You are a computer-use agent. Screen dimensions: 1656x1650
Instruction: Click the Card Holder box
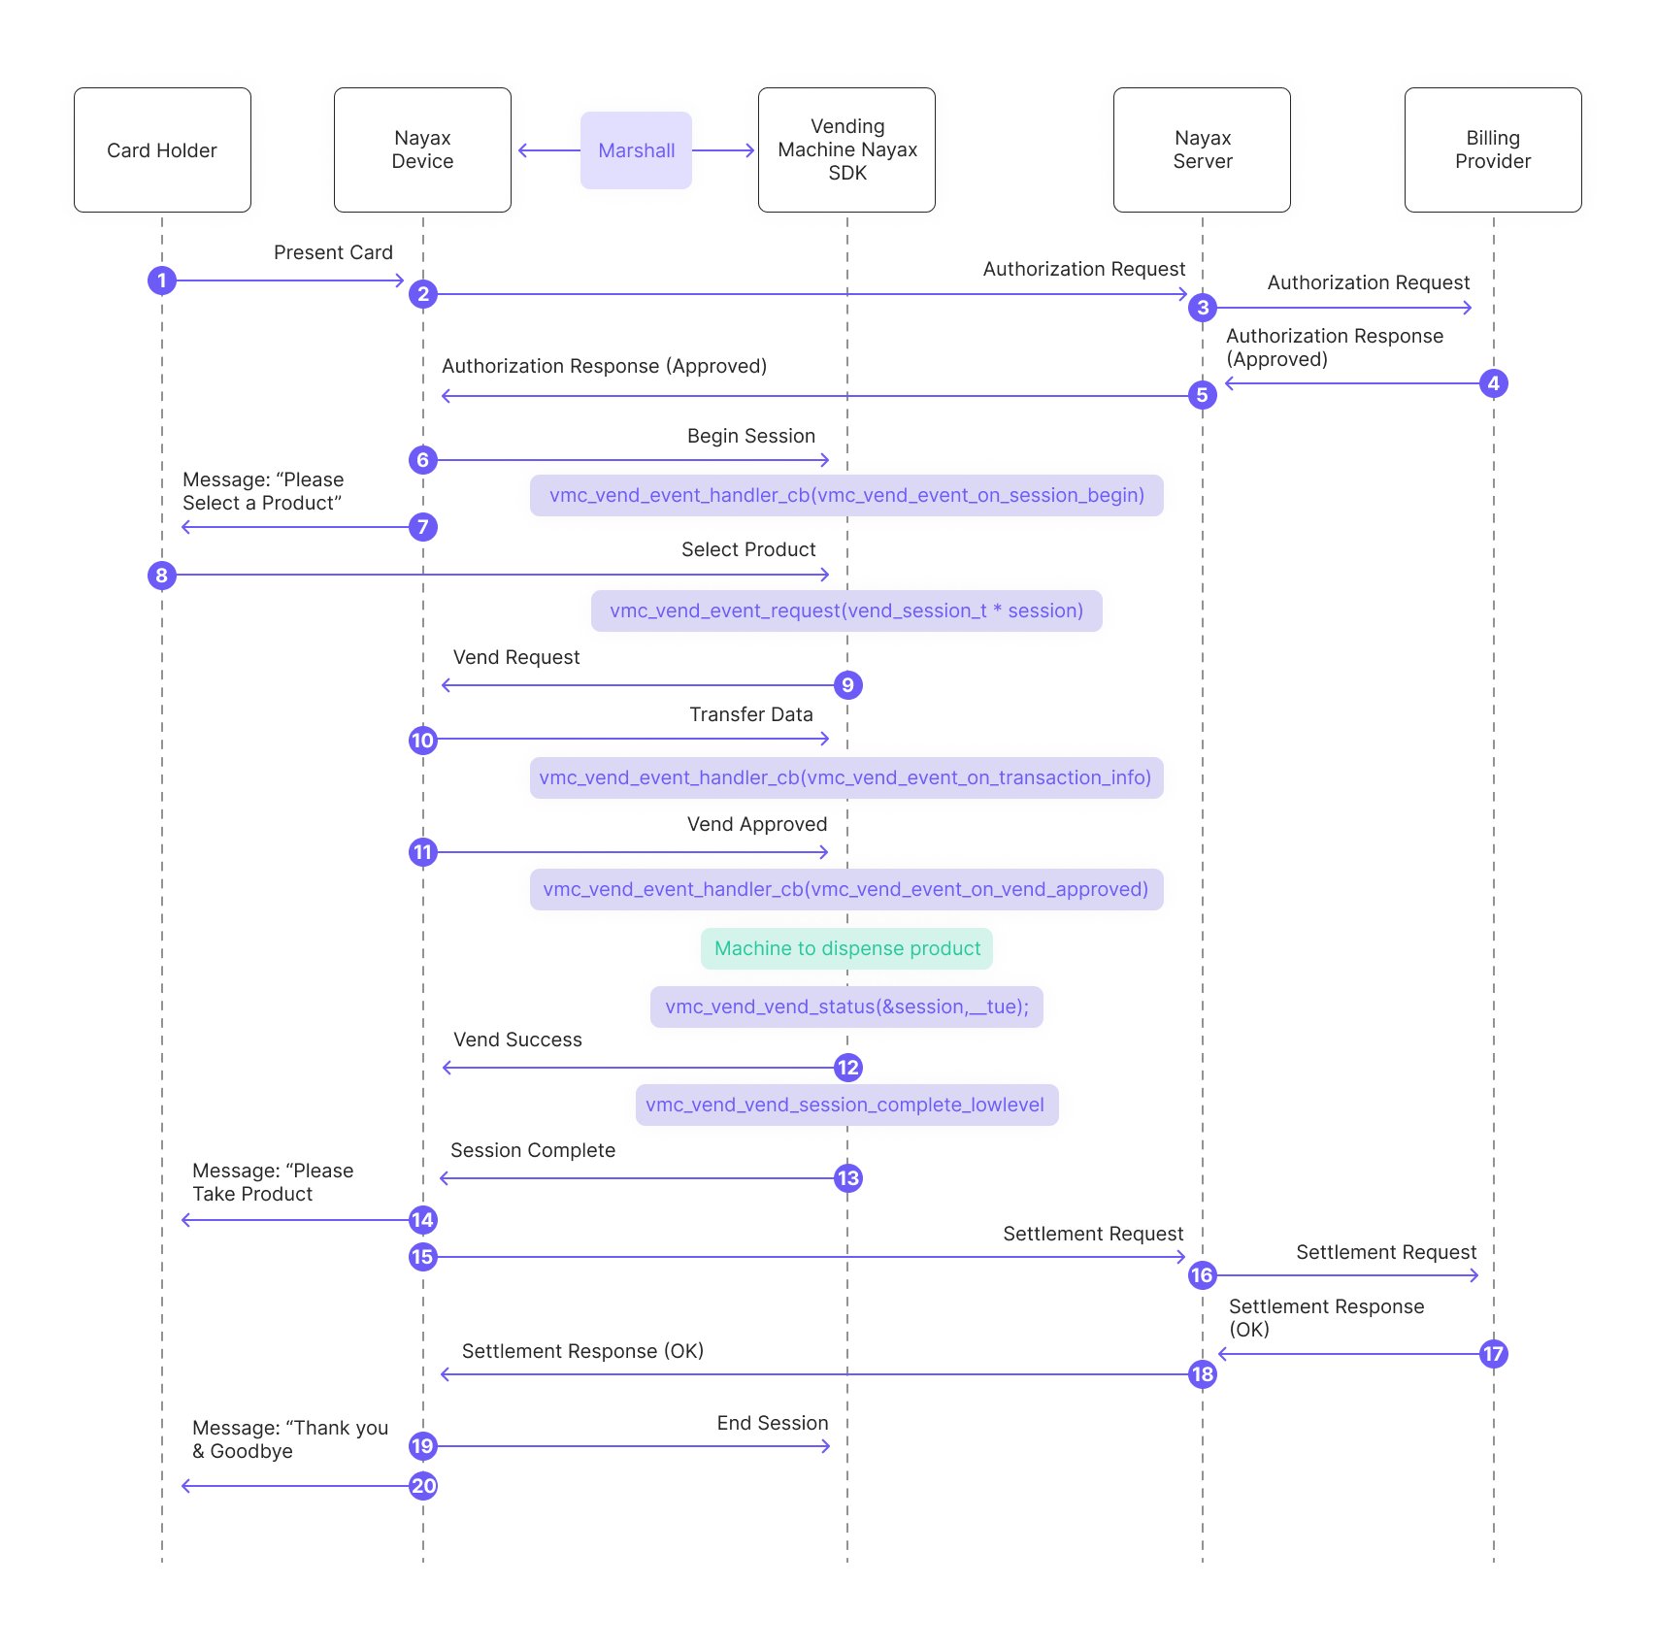coord(162,149)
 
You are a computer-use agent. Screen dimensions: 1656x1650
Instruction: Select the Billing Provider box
coord(1493,149)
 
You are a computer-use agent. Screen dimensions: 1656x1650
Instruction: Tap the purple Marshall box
coord(636,150)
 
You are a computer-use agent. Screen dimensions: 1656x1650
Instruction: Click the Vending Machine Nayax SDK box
coord(846,149)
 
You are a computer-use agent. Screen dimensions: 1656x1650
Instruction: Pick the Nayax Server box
coord(1202,149)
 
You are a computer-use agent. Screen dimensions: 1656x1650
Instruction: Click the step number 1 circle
coord(162,280)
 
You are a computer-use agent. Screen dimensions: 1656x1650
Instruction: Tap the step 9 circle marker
coord(847,685)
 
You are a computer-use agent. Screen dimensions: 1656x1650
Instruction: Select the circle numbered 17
coord(1493,1353)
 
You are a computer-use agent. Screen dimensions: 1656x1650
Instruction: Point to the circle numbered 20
coord(423,1485)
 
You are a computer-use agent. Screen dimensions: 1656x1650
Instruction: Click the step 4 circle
coord(1493,383)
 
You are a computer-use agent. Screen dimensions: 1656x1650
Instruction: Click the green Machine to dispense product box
coord(846,948)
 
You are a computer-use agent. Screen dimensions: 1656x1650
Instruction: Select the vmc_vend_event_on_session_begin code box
coord(846,495)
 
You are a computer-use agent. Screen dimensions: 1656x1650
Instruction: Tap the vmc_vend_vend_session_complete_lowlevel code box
coord(846,1105)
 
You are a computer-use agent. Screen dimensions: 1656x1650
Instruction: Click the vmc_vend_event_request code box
coord(846,610)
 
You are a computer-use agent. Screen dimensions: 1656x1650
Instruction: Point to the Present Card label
coord(333,252)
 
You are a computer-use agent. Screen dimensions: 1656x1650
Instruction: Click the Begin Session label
coord(751,436)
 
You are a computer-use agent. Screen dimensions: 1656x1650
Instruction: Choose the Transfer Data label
coord(751,714)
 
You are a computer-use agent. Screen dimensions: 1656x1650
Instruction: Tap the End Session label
coord(773,1423)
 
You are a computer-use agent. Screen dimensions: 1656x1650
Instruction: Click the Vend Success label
coord(517,1039)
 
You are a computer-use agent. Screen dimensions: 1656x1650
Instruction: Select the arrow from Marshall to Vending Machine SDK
coord(723,150)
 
